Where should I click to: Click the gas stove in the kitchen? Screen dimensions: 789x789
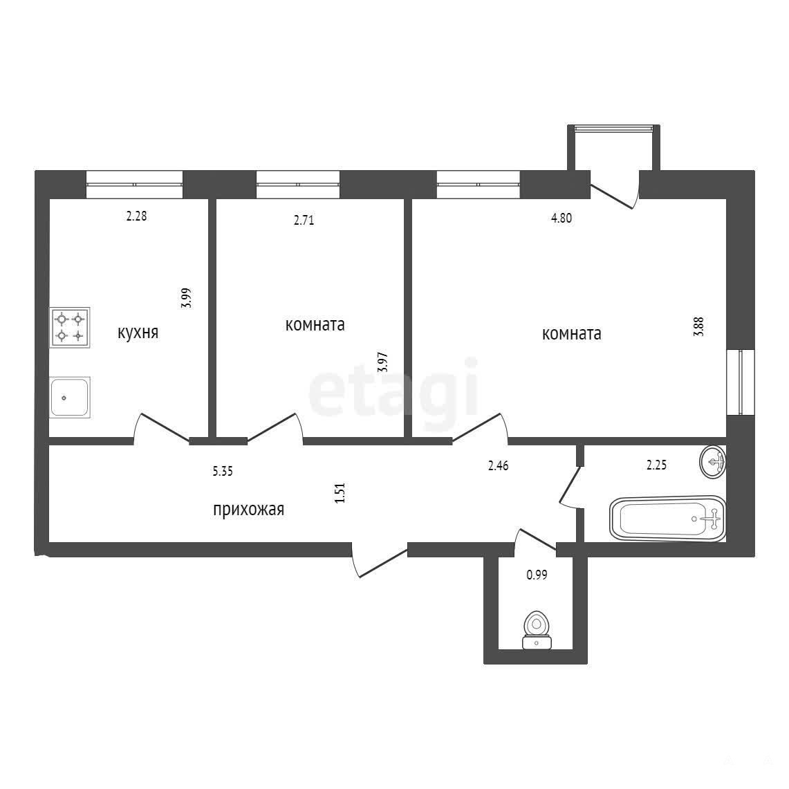coord(69,327)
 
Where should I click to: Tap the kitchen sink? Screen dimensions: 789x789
coord(69,397)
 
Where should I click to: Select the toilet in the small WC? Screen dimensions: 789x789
coord(537,629)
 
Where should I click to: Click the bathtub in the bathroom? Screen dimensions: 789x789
coord(668,519)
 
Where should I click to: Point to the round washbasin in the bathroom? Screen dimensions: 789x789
coord(713,461)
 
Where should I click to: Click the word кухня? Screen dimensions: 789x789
coord(138,333)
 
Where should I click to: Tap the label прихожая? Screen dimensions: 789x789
coord(248,510)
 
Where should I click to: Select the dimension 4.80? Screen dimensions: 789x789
coord(561,219)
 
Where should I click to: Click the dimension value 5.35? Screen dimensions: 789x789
coord(223,472)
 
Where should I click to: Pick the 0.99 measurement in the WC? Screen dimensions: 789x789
coord(537,575)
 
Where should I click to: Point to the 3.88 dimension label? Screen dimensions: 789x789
coord(698,326)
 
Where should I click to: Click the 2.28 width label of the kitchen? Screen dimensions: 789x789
coord(136,216)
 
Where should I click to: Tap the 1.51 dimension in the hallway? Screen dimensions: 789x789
coord(340,493)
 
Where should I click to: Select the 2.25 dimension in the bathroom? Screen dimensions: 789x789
coord(657,465)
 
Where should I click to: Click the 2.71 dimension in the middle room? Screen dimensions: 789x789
coord(304,221)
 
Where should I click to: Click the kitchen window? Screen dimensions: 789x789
coord(134,185)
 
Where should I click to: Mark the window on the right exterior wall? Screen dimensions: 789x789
coord(741,382)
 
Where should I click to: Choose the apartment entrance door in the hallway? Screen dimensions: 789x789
coord(380,559)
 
